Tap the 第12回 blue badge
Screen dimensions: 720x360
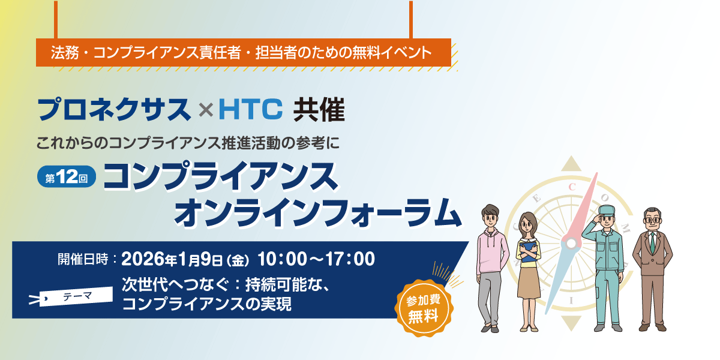[x=67, y=176]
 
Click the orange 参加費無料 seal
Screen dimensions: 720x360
[x=424, y=308]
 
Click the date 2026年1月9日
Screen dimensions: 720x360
[x=172, y=259]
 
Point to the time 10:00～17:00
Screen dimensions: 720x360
[x=316, y=259]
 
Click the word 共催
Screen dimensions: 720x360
[x=319, y=110]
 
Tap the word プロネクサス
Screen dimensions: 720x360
[x=114, y=109]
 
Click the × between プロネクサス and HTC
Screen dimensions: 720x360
[x=206, y=110]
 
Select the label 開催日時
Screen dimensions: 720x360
[x=83, y=259]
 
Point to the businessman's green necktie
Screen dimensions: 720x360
[x=653, y=243]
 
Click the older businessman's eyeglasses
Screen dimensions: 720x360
[x=653, y=220]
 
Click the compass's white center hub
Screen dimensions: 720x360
[x=571, y=244]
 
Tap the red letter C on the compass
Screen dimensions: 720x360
[x=572, y=187]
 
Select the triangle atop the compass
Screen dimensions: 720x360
[x=571, y=164]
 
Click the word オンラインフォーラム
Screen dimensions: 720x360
[x=318, y=213]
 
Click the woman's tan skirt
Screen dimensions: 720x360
[x=529, y=282]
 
